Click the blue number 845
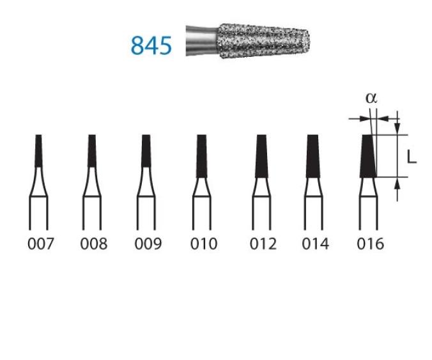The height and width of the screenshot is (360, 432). pyautogui.click(x=151, y=45)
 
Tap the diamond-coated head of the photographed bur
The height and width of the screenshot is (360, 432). pyautogui.click(x=265, y=41)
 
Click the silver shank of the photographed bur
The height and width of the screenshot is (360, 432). pyautogui.click(x=202, y=41)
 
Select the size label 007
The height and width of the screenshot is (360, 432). pyautogui.click(x=41, y=244)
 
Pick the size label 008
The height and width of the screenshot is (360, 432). pyautogui.click(x=94, y=244)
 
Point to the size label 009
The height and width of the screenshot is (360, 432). pyautogui.click(x=148, y=244)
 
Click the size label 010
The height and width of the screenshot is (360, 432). pyautogui.click(x=204, y=244)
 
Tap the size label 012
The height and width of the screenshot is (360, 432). pyautogui.click(x=263, y=244)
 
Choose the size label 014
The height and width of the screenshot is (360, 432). pyautogui.click(x=315, y=244)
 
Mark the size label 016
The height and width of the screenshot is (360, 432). pyautogui.click(x=370, y=244)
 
